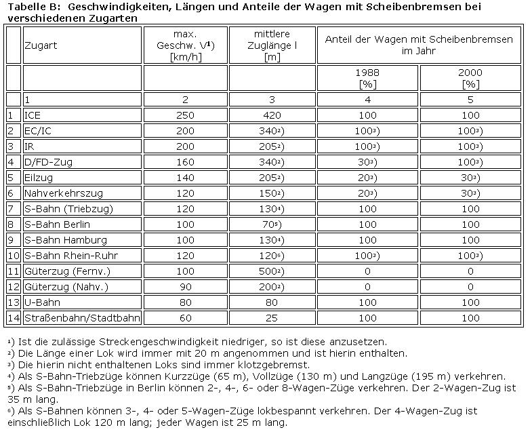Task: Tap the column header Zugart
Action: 41,45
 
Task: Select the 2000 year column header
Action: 470,77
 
